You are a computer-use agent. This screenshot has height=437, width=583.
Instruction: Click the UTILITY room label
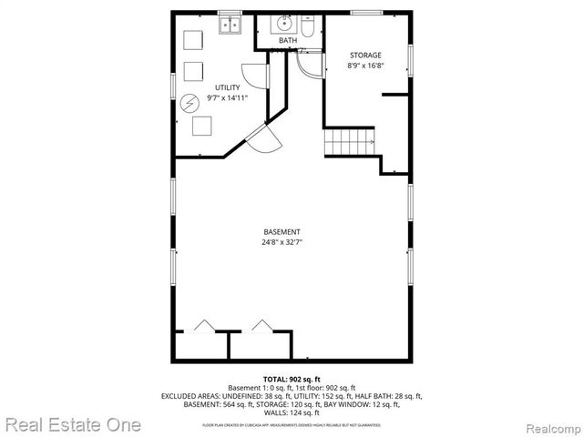(x=228, y=87)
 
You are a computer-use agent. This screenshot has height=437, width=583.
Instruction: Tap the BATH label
(x=287, y=41)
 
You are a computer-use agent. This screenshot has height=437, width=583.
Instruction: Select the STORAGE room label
(x=365, y=56)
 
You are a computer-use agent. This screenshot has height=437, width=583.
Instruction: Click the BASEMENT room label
(x=281, y=231)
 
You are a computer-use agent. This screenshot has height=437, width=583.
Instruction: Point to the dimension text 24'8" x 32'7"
(x=281, y=242)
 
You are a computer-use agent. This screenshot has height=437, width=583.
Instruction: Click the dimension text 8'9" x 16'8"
(x=365, y=66)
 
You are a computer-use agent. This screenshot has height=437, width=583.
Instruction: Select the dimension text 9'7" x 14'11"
(x=228, y=97)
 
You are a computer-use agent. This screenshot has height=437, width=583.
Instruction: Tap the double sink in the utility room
(x=230, y=25)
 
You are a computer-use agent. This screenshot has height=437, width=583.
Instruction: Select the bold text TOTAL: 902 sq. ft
(x=291, y=378)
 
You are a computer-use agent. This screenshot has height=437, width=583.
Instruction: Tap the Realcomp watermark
(x=547, y=425)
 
